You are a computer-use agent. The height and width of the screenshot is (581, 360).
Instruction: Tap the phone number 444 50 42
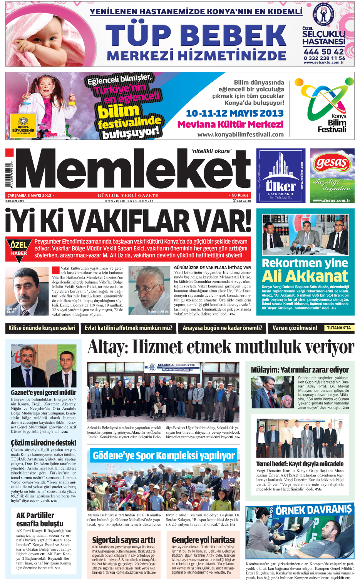coord(323,52)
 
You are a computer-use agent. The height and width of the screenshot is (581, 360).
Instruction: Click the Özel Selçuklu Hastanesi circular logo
coord(324,14)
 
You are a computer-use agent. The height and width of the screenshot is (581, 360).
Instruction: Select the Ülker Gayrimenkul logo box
coord(281,175)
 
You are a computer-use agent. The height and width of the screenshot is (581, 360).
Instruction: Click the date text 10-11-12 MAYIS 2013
coord(234,114)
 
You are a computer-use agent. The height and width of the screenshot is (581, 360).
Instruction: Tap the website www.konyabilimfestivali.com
coord(240,135)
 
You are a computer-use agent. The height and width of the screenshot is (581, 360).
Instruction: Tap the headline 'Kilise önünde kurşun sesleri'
coord(42,328)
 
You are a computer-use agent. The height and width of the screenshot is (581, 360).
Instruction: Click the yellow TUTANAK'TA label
coord(338,328)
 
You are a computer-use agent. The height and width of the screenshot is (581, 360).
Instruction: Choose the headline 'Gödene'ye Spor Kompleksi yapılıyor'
coord(164,456)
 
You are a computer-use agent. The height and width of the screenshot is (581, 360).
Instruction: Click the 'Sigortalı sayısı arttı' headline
coord(124,540)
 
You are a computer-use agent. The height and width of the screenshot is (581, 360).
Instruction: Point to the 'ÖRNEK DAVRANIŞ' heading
coord(313,510)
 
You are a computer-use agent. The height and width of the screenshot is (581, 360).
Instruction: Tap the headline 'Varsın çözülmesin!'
coord(295,328)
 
